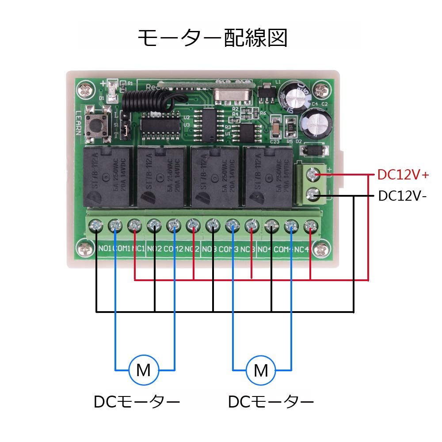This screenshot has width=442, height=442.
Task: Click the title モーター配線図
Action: click(x=212, y=38)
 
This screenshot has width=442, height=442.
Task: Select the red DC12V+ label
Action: click(x=403, y=175)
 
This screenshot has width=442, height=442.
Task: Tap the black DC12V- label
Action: click(x=402, y=196)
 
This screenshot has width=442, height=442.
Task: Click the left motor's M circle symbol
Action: click(x=143, y=370)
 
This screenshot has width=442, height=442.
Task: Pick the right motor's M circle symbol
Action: click(x=261, y=370)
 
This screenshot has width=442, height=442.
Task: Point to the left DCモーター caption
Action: click(x=137, y=402)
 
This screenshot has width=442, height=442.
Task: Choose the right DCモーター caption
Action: click(x=271, y=402)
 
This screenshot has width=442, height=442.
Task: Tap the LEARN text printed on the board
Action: click(x=78, y=122)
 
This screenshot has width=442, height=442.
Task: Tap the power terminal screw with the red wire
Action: click(x=313, y=175)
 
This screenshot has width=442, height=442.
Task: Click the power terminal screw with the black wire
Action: click(x=313, y=193)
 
